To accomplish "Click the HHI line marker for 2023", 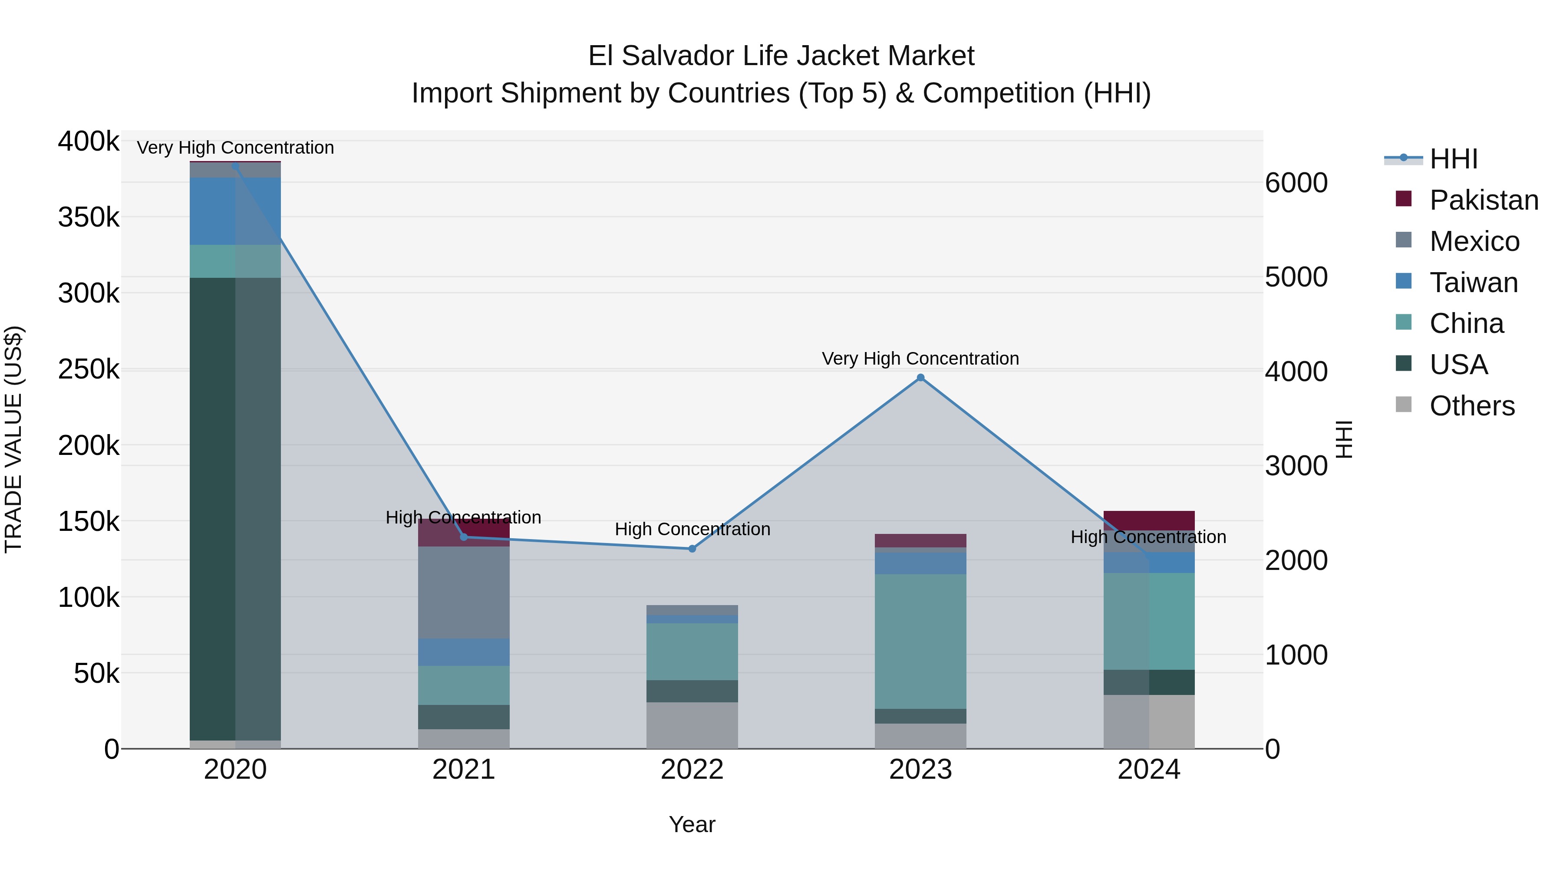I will coord(920,378).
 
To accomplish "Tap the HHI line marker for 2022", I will coord(692,549).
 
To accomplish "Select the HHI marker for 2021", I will coord(464,537).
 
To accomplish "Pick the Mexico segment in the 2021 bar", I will coord(464,592).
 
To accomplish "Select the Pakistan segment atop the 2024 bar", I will coord(1148,520).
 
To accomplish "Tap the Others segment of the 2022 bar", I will coord(692,725).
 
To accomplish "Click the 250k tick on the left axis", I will coord(89,369).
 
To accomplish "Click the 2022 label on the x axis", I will coord(692,770).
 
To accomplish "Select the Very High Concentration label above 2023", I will coord(920,359).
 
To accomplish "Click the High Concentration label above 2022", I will coord(692,529).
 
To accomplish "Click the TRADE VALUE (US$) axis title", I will coord(14,439).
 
